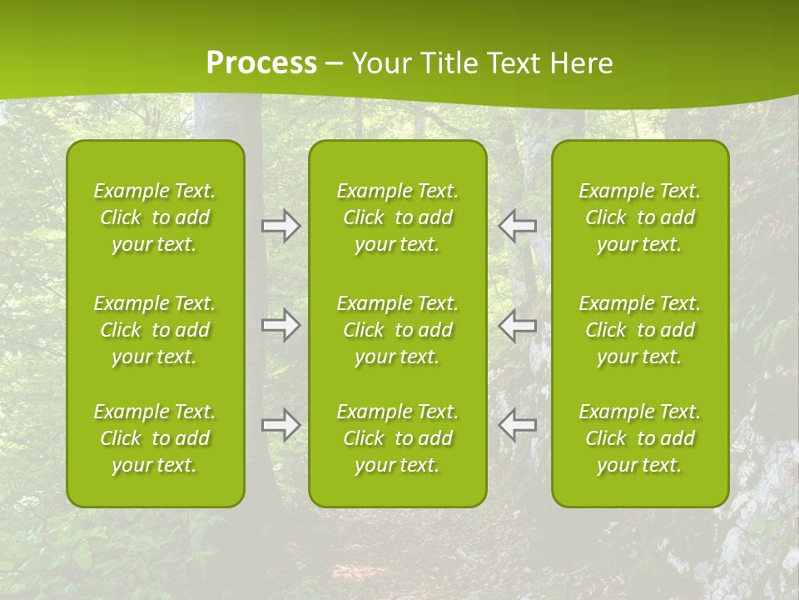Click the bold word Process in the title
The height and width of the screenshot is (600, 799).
(x=261, y=63)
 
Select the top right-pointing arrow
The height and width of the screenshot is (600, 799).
(x=280, y=226)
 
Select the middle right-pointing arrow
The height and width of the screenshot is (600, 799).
(x=280, y=325)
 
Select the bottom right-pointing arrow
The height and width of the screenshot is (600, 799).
(x=280, y=425)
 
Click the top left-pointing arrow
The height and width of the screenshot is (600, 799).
(x=518, y=226)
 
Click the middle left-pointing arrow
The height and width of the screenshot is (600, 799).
(x=518, y=325)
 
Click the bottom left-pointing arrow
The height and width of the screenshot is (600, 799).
(x=518, y=425)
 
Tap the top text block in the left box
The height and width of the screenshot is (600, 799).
(x=155, y=217)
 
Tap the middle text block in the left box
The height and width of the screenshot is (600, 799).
(x=155, y=330)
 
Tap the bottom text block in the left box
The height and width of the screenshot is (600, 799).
(x=155, y=438)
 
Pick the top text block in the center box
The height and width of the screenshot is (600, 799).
(x=397, y=217)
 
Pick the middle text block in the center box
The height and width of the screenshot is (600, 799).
(x=397, y=330)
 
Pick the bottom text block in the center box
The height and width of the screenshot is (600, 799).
(x=397, y=438)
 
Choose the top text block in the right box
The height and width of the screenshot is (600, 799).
(x=639, y=217)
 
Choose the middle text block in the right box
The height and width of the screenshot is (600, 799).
(x=639, y=330)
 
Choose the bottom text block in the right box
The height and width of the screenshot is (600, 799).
(x=639, y=438)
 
